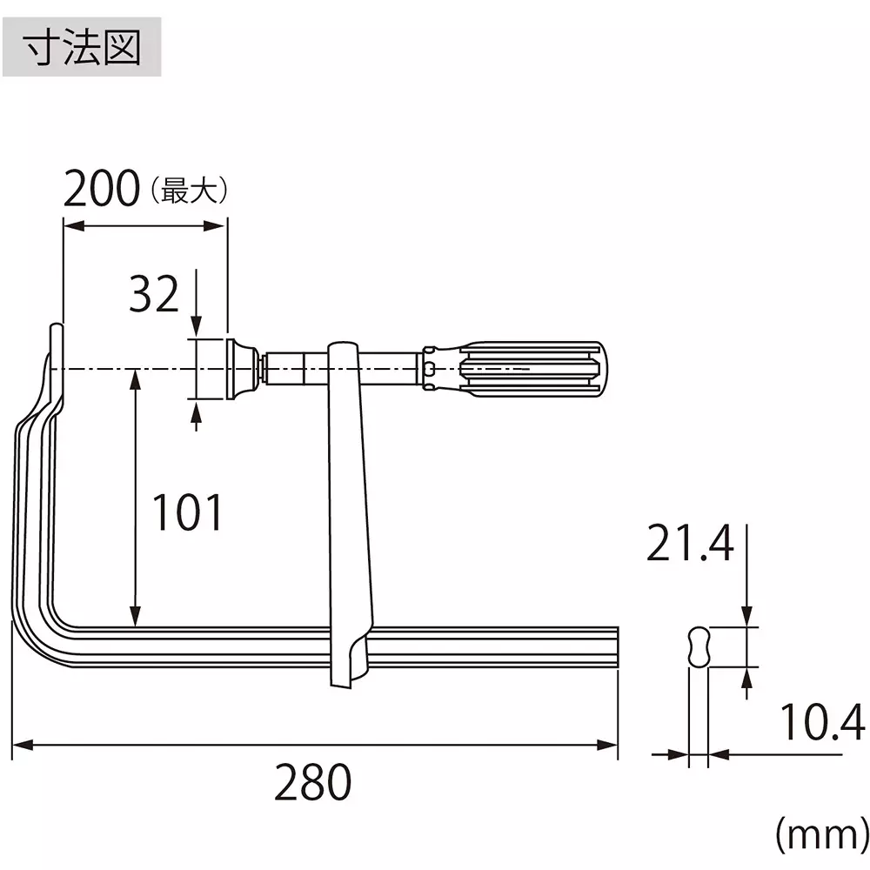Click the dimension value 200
[101, 189]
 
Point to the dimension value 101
[187, 512]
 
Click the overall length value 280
[313, 783]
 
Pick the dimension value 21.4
[690, 545]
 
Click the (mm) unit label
[820, 837]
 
